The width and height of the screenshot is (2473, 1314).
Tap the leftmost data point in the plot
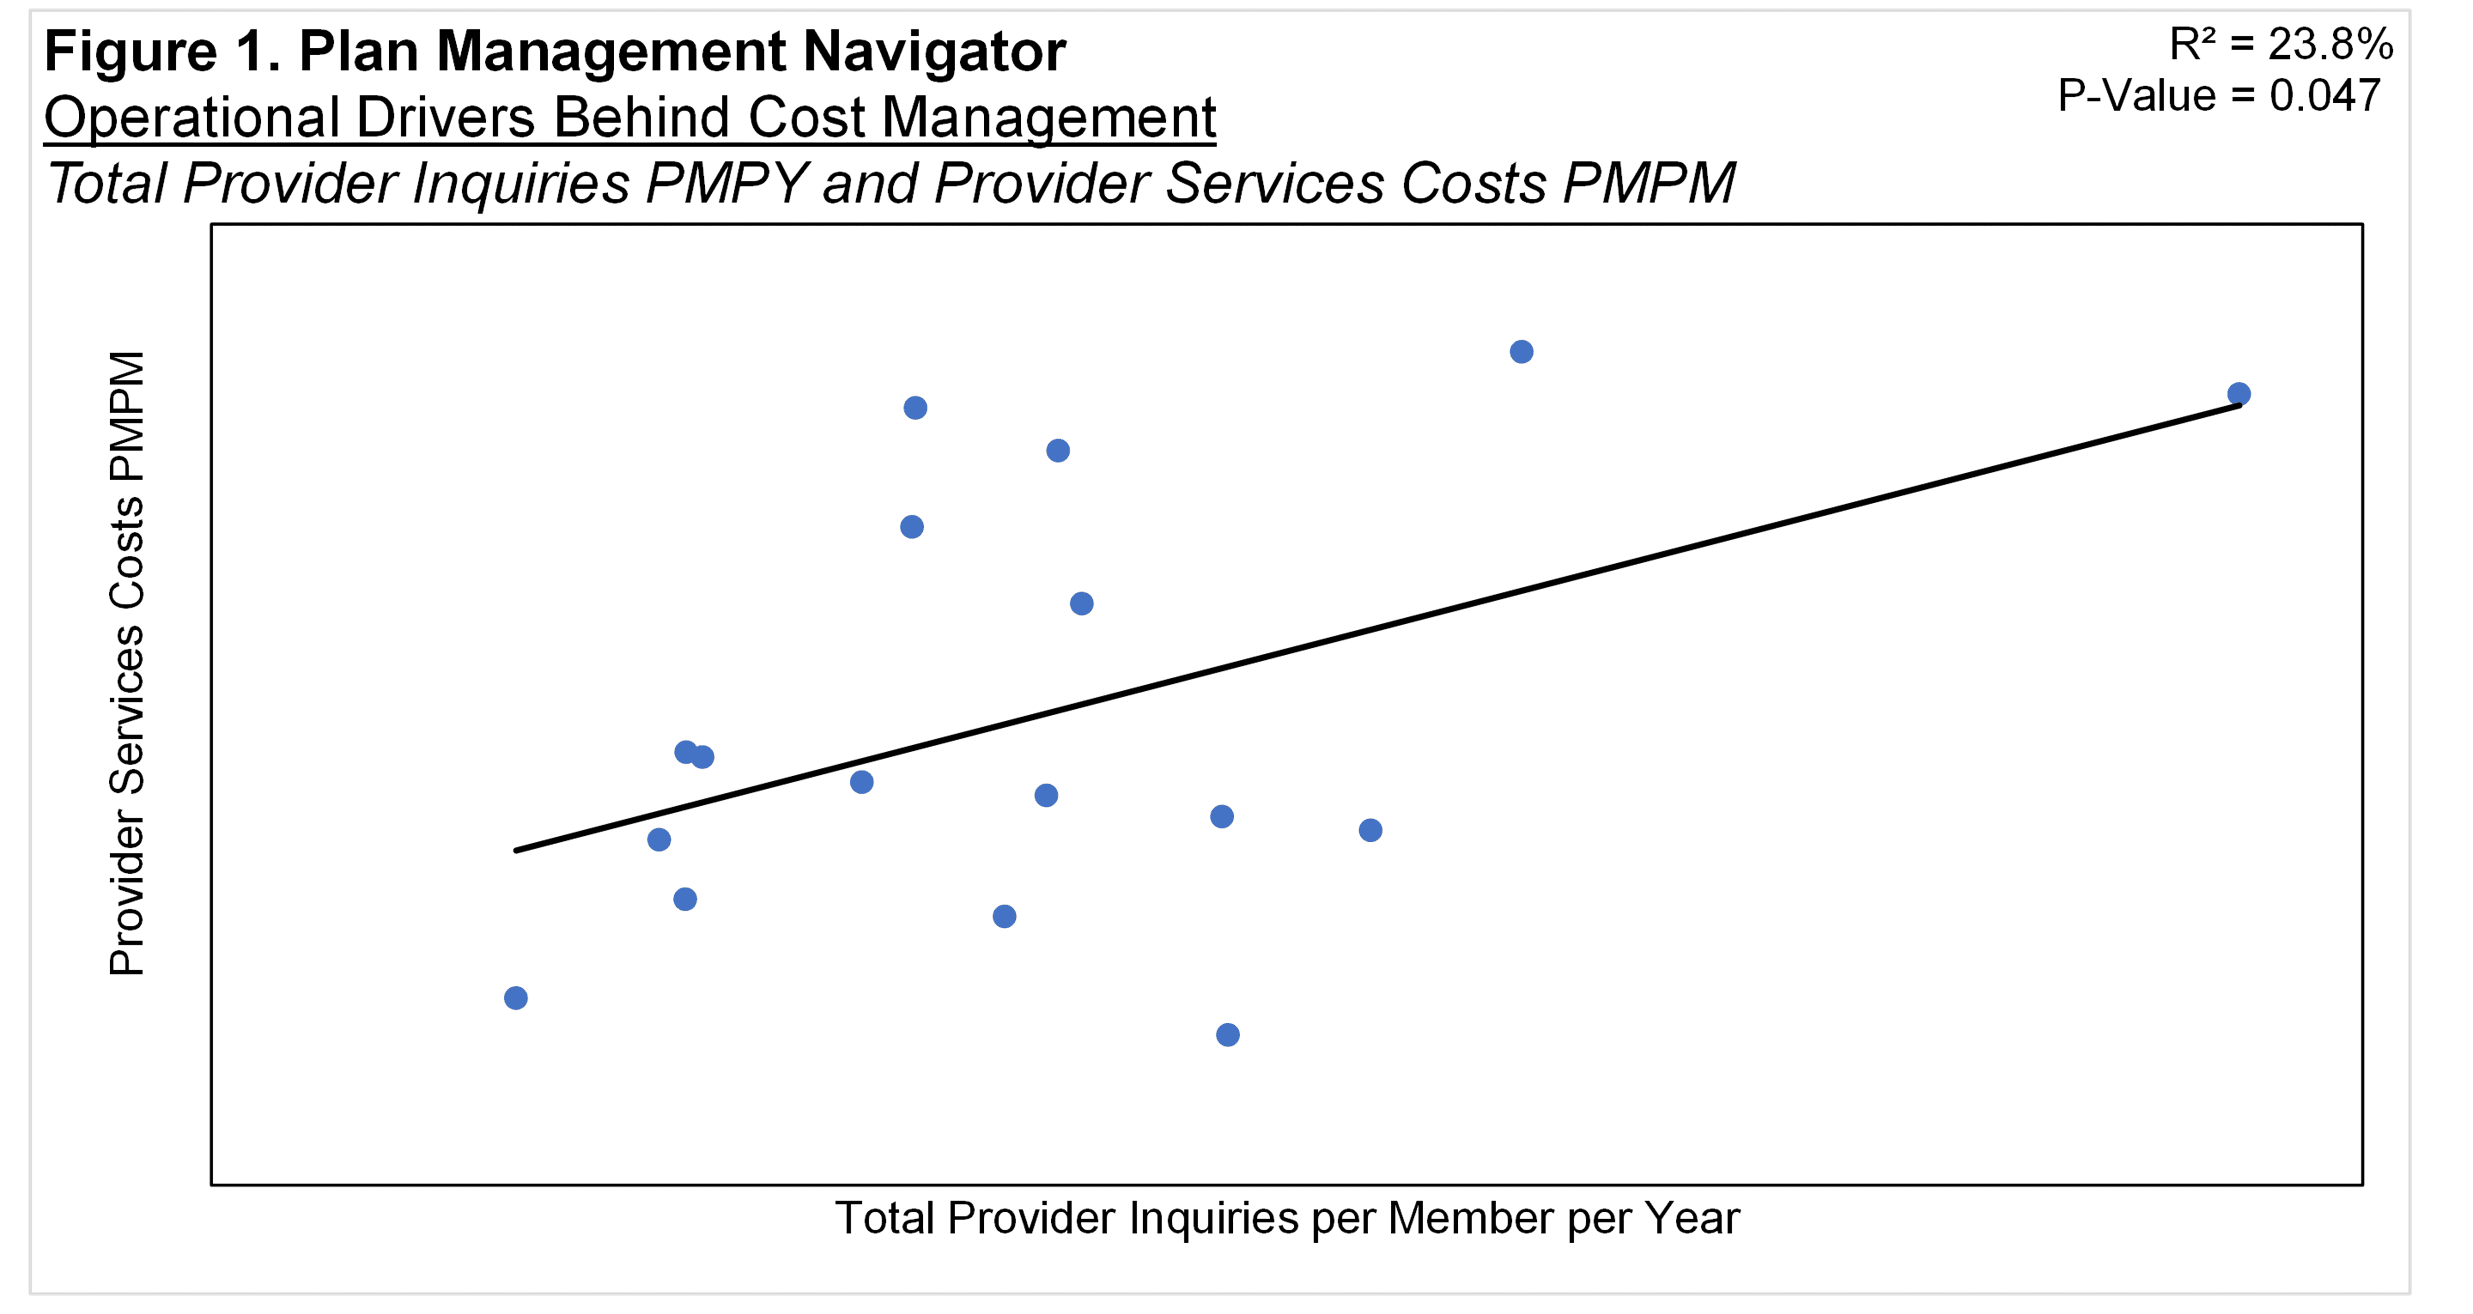516,998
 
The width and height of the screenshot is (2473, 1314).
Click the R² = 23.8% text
2281,44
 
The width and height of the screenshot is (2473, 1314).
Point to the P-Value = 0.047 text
2219,95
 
